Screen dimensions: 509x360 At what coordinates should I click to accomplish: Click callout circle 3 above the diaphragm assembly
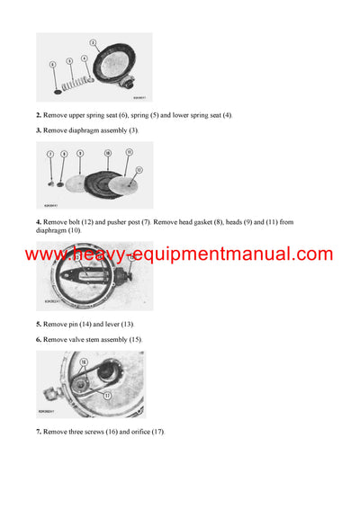tap(93, 42)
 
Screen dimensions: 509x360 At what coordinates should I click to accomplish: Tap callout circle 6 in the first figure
tap(52, 65)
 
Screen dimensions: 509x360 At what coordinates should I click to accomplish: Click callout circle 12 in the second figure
tap(138, 168)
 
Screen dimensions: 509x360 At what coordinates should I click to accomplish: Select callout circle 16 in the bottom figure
tap(83, 361)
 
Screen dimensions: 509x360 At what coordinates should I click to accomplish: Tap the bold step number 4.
tap(38, 221)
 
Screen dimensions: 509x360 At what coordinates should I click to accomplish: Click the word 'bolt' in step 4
tap(74, 221)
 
